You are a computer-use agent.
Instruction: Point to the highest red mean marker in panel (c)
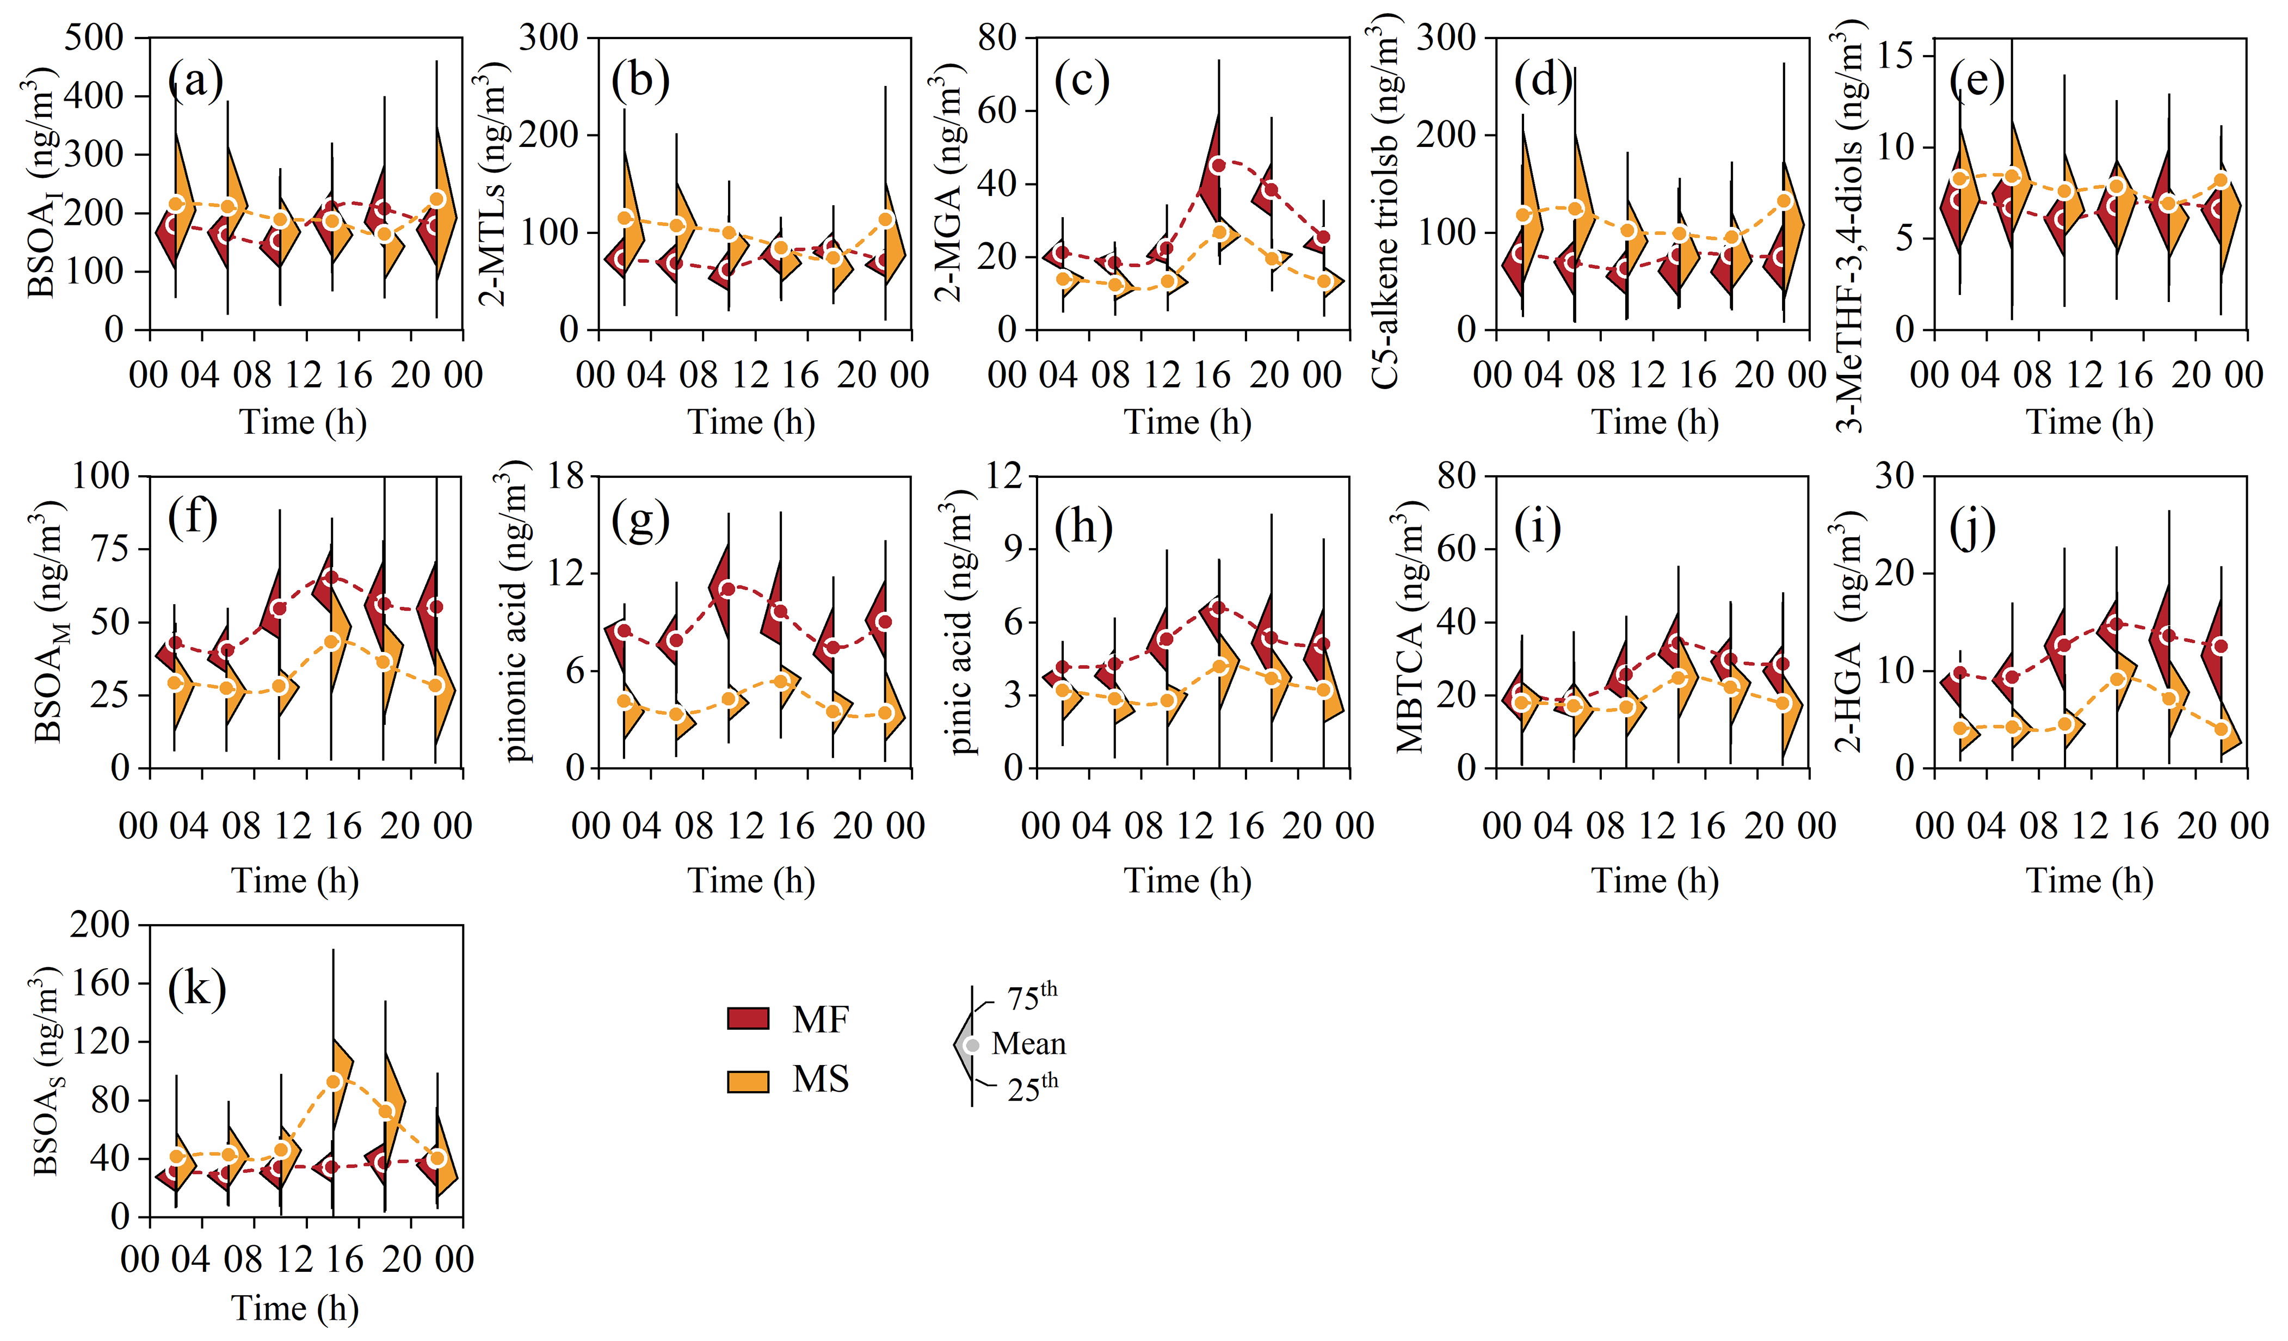click(1218, 165)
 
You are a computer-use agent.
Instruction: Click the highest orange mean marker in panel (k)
click(333, 1081)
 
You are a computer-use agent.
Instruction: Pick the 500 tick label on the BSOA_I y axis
click(95, 38)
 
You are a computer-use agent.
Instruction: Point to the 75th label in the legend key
click(1032, 998)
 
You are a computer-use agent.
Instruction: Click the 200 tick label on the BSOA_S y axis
click(100, 925)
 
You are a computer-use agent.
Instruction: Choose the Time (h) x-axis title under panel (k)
click(295, 1308)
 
